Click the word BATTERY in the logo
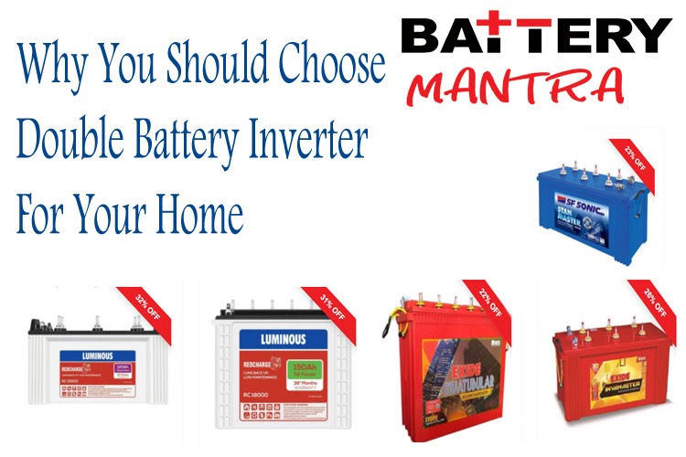(536, 36)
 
